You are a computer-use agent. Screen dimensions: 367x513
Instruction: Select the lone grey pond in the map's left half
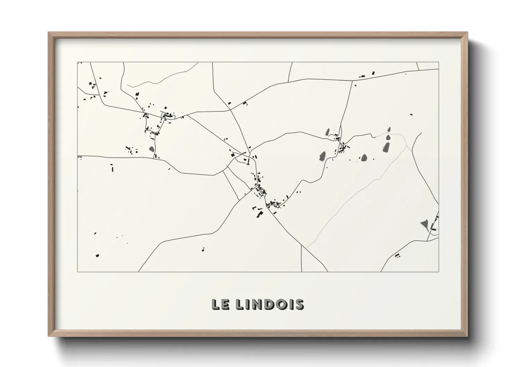click(x=151, y=149)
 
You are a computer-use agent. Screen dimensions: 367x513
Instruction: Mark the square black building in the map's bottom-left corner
click(x=97, y=256)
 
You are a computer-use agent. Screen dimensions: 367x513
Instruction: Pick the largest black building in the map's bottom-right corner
click(x=397, y=255)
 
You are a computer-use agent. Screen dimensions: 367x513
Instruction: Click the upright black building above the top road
click(x=373, y=73)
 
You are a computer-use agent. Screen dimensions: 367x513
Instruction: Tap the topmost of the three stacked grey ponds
click(x=389, y=129)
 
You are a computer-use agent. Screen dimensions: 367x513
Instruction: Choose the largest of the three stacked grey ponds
click(x=386, y=148)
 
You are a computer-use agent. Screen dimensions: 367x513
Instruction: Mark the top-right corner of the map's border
click(x=438, y=62)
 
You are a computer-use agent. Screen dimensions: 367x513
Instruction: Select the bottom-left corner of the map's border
click(x=78, y=272)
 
